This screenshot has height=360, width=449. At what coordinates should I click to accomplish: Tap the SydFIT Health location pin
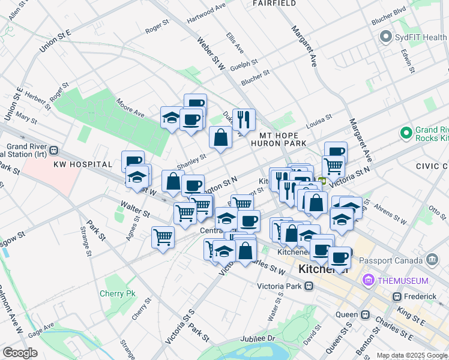(x=385, y=37)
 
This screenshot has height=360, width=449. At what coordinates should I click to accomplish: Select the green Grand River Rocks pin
(x=406, y=132)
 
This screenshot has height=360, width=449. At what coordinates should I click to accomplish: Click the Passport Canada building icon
(x=432, y=259)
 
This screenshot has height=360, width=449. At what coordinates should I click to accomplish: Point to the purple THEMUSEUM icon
(x=368, y=280)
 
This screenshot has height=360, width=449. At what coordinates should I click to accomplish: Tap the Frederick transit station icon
(x=397, y=296)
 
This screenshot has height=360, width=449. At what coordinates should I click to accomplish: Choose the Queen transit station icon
(x=365, y=314)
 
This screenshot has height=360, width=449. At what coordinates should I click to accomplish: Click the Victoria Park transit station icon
(x=309, y=286)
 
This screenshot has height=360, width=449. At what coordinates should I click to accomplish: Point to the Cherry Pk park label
(x=118, y=293)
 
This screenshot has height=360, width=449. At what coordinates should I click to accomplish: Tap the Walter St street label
(x=135, y=209)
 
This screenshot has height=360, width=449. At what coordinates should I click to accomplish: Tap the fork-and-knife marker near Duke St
(x=243, y=120)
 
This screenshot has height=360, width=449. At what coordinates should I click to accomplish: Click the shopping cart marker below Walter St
(x=163, y=238)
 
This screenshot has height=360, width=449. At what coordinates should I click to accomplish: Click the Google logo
(x=20, y=353)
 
